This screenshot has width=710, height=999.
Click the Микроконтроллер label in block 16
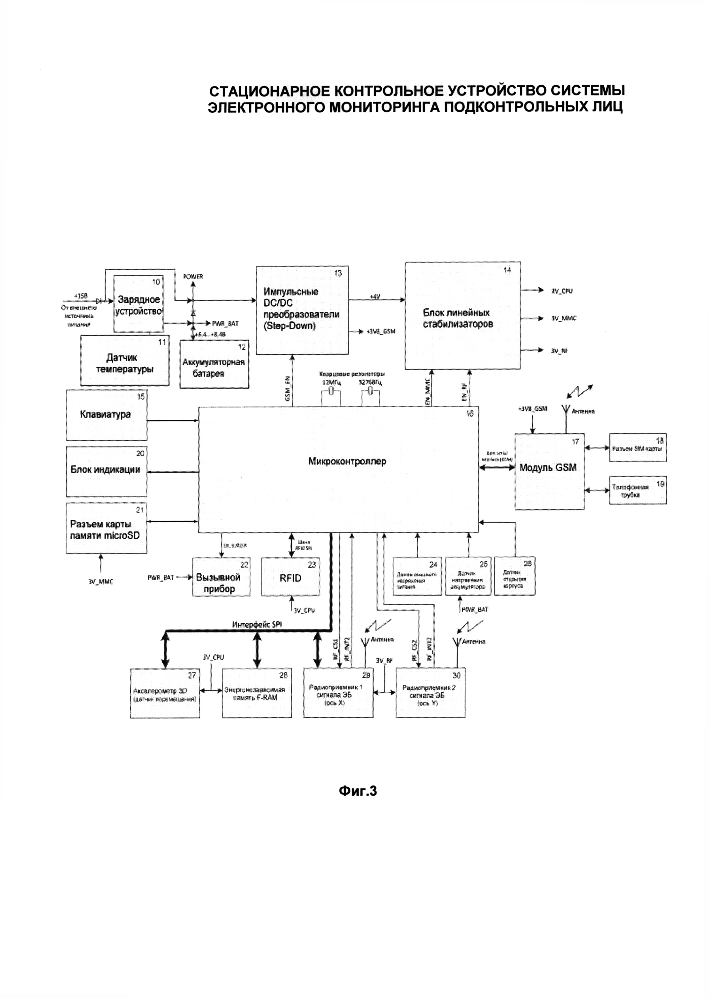click(347, 461)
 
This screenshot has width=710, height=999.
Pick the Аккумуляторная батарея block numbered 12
click(214, 364)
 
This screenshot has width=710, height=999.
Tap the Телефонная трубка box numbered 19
click(637, 490)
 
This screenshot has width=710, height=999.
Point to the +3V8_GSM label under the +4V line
click(381, 331)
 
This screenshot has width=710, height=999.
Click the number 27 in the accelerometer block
click(192, 675)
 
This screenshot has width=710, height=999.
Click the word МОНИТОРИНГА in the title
click(385, 107)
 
